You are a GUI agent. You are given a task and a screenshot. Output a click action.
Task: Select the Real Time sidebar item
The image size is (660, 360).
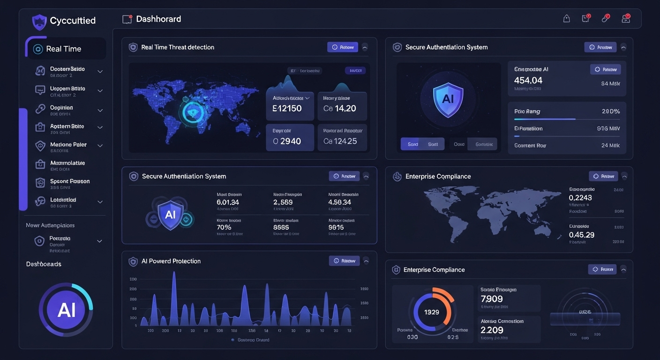click(64, 49)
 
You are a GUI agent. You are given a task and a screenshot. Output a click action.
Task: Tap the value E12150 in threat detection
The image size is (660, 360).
click(287, 109)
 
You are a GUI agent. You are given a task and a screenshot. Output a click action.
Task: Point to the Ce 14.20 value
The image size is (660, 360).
click(340, 109)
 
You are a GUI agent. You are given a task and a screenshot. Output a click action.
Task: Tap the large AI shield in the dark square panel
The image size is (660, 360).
click(448, 99)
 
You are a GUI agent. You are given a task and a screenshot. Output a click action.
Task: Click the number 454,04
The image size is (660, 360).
click(528, 81)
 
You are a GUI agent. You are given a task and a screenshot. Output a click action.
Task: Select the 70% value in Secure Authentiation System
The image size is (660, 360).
click(224, 227)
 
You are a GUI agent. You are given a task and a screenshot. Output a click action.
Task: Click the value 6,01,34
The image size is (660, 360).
click(228, 202)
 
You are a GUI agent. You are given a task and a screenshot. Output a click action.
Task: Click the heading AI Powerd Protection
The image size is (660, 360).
click(171, 261)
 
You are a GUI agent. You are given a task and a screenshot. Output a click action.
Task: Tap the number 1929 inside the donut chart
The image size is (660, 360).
click(432, 312)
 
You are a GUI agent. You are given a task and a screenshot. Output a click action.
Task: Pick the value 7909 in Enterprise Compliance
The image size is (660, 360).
click(492, 299)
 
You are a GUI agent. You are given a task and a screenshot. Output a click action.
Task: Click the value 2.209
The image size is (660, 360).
click(492, 330)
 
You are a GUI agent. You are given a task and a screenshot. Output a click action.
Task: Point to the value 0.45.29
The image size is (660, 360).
click(581, 235)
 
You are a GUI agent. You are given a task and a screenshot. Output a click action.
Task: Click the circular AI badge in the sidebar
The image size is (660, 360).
click(66, 309)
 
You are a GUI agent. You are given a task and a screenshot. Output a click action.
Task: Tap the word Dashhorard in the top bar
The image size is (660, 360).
click(158, 19)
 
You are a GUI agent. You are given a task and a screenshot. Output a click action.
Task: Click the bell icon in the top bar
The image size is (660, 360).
click(566, 19)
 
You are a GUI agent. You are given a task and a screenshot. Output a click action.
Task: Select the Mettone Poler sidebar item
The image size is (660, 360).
click(68, 145)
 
